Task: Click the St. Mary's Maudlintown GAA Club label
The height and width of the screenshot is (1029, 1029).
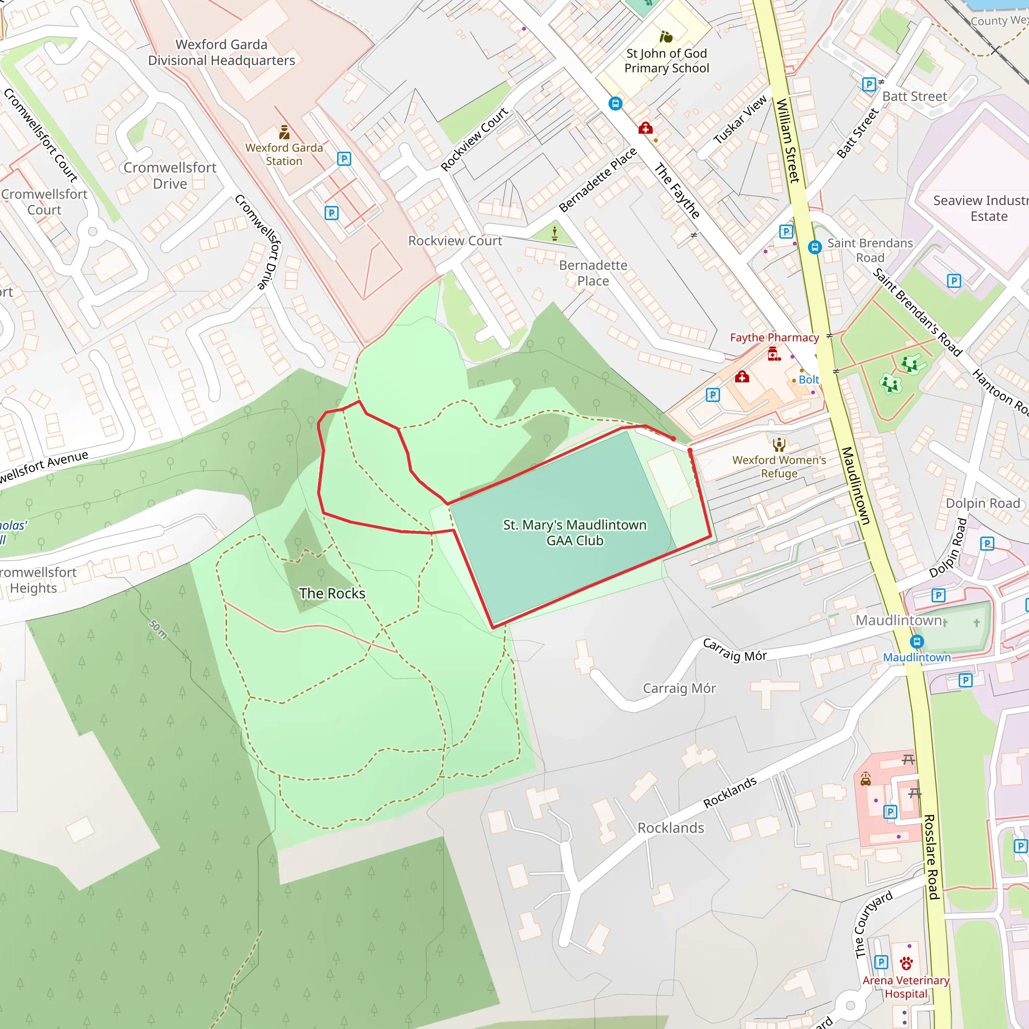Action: tap(575, 533)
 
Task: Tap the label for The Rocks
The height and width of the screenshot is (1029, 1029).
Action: tap(332, 593)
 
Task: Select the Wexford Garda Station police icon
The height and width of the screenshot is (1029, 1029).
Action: tap(284, 132)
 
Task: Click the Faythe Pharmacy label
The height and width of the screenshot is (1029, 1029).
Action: tap(774, 338)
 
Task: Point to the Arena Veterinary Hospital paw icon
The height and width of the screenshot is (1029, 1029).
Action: tap(906, 964)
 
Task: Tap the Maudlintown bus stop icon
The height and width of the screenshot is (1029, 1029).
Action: tap(916, 642)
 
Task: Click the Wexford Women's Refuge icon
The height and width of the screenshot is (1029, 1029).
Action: tap(779, 444)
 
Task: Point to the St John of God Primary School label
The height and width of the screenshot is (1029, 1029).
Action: tap(666, 61)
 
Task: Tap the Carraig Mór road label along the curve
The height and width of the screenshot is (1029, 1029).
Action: tap(735, 650)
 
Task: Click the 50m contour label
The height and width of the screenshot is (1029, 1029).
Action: tap(158, 629)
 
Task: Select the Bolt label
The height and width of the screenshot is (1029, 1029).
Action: tap(808, 380)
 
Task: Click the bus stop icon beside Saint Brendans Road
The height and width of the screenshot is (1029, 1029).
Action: tap(814, 247)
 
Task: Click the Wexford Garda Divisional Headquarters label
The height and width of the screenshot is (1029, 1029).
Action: tap(222, 53)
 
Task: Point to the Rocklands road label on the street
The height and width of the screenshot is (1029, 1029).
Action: tap(730, 792)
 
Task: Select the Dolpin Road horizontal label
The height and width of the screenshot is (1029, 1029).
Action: tap(983, 503)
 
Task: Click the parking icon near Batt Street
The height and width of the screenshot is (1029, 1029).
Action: tap(869, 84)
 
